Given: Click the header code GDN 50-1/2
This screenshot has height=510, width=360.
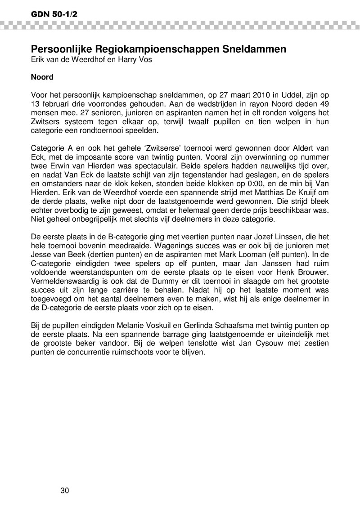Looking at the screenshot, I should pos(48,14).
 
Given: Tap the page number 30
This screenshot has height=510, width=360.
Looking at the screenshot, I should pos(65,490).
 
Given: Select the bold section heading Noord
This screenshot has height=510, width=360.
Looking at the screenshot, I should pos(42,77).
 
